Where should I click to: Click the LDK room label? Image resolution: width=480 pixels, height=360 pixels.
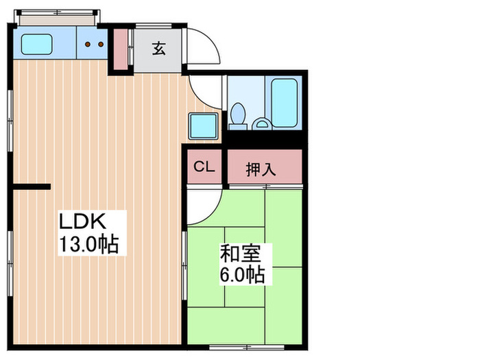click(82, 221)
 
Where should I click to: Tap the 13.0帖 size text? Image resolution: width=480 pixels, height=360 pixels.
click(88, 244)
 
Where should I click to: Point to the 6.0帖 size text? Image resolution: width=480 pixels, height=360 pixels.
click(243, 275)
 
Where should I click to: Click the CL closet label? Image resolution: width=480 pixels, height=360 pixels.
click(204, 167)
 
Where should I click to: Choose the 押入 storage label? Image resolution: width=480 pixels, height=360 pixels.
click(261, 169)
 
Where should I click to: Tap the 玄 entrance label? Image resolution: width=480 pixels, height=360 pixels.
click(159, 49)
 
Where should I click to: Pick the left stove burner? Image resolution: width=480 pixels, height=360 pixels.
click(88, 45)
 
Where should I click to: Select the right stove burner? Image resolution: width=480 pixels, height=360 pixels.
click(101, 45)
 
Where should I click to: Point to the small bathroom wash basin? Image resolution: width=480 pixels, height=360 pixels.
click(261, 123)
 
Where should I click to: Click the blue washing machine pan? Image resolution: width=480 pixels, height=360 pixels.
click(204, 127)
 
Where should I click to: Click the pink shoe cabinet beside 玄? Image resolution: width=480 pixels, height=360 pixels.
click(121, 50)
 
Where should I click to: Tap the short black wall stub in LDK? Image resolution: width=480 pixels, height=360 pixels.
click(32, 186)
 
